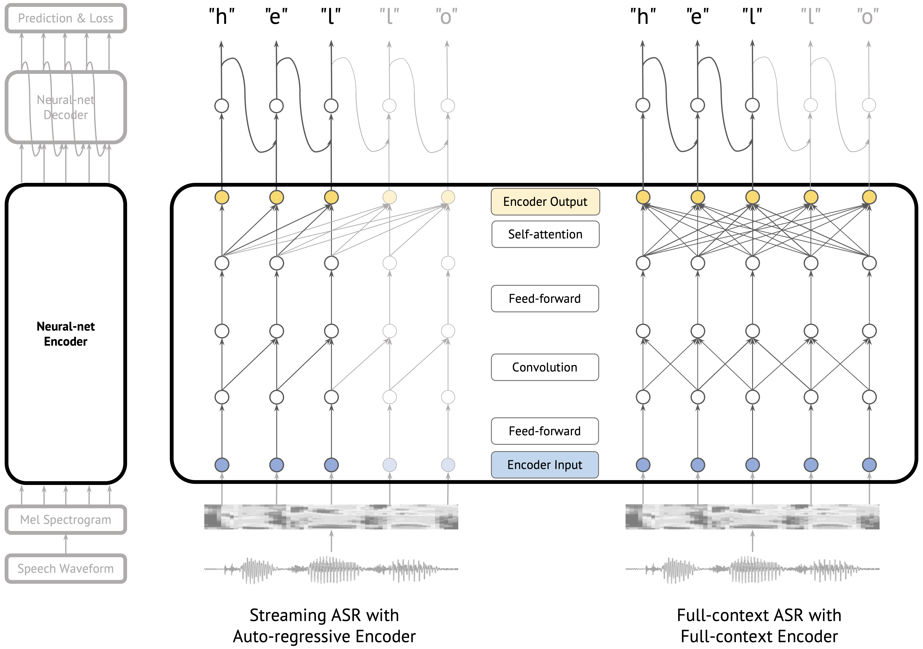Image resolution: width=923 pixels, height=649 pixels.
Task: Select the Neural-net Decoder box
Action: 66,107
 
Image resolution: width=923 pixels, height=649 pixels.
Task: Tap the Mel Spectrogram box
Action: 66,520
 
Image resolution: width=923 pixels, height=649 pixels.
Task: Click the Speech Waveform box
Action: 66,569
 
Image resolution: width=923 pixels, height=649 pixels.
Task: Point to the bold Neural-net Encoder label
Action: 66,334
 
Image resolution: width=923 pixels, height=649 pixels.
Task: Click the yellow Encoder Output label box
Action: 545,202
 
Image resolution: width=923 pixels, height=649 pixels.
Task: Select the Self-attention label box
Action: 545,234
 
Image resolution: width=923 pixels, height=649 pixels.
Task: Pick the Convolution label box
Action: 545,367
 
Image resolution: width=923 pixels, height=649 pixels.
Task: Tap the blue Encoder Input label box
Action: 545,465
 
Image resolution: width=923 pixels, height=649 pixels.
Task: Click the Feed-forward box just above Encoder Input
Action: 545,431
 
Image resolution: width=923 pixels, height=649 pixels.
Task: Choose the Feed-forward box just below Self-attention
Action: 545,298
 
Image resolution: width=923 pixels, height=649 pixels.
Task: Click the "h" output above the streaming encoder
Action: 222,17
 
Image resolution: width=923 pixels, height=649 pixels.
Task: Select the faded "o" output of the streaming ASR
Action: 447,17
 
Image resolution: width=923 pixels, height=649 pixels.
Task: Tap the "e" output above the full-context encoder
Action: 698,17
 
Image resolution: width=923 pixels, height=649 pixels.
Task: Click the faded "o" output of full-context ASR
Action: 868,17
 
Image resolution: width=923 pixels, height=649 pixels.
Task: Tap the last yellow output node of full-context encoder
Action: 869,197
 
